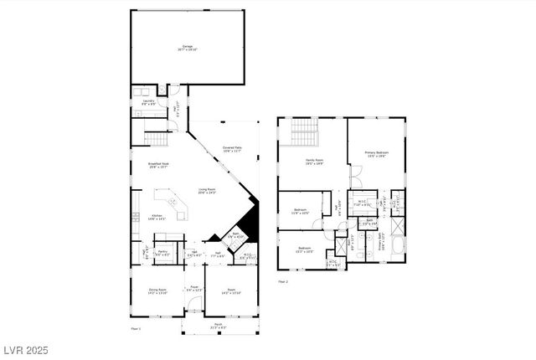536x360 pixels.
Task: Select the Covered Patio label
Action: [x=232, y=150]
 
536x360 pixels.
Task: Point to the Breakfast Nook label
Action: [x=159, y=166]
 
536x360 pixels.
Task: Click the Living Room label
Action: [x=207, y=191]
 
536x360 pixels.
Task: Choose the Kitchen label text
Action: [x=157, y=216]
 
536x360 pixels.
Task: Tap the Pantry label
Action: [x=163, y=253]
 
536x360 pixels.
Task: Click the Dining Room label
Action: [x=157, y=291]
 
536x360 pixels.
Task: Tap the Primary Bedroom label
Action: [x=376, y=153]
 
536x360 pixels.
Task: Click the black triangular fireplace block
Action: [x=244, y=224]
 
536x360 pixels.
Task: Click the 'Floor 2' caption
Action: [x=282, y=281]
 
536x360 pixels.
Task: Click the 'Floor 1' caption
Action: [x=136, y=329]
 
